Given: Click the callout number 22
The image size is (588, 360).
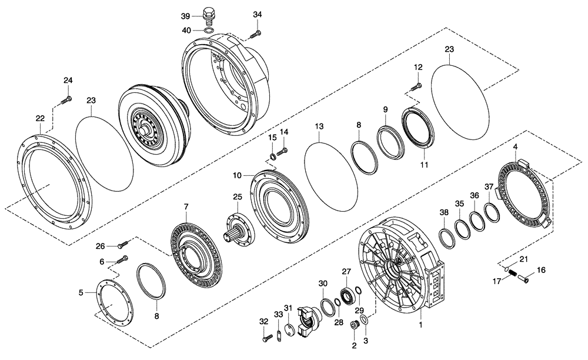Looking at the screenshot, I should click(x=40, y=118).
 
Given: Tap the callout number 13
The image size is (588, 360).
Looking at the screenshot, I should click(x=319, y=126).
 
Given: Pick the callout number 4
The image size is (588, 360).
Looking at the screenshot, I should click(x=515, y=146).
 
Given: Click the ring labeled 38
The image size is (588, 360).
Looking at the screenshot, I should click(x=449, y=239).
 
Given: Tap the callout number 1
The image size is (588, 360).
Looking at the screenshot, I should click(x=420, y=324).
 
